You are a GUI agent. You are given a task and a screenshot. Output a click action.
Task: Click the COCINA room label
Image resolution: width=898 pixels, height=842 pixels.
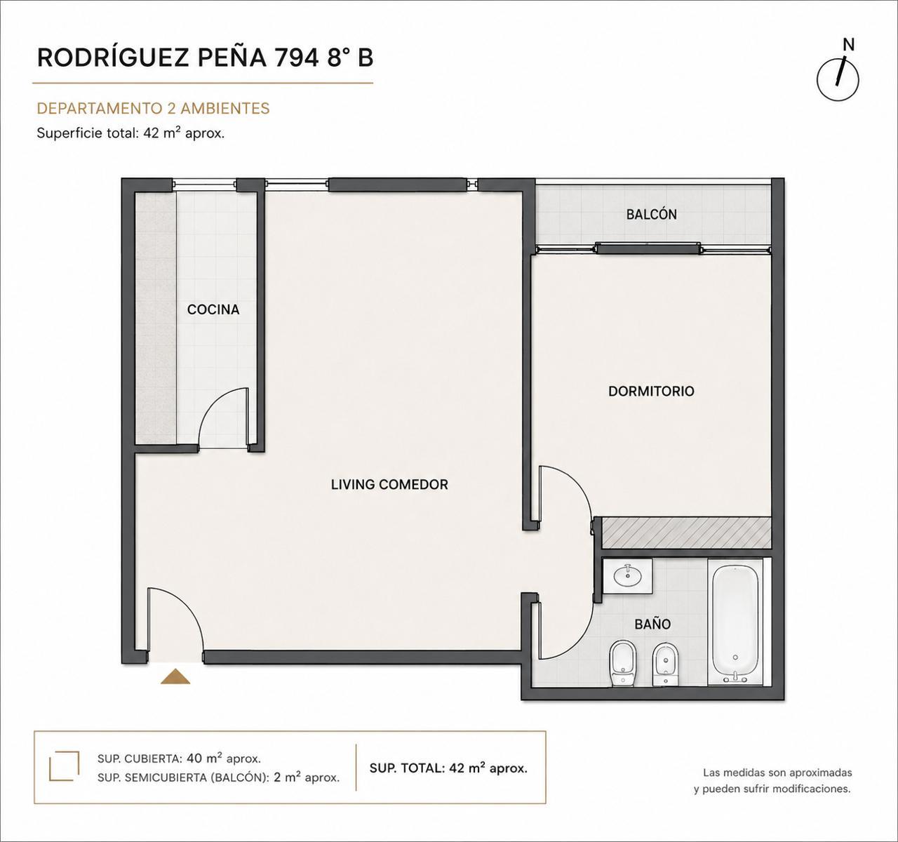213,309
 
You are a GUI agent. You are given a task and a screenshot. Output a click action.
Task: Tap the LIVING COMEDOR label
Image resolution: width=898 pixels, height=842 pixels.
389,485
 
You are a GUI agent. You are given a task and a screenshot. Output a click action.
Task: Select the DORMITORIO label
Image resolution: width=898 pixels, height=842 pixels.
651,391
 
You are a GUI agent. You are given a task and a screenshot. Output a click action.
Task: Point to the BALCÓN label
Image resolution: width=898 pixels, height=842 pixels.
652,214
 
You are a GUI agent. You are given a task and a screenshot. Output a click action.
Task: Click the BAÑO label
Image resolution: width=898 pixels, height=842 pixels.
652,624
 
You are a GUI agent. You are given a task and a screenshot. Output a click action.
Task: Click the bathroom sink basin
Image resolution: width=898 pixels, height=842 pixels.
628,575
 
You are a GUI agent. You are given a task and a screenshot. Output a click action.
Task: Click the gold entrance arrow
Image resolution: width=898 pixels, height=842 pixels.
175,676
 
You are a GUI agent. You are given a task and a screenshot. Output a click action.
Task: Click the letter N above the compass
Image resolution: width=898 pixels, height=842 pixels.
849,45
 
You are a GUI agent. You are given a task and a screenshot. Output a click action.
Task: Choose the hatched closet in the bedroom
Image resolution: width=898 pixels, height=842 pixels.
686,533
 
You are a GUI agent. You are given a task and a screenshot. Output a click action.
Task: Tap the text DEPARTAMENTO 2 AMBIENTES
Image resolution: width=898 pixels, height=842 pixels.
153,109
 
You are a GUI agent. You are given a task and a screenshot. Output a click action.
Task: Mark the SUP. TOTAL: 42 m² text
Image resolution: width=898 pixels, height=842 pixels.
448,768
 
